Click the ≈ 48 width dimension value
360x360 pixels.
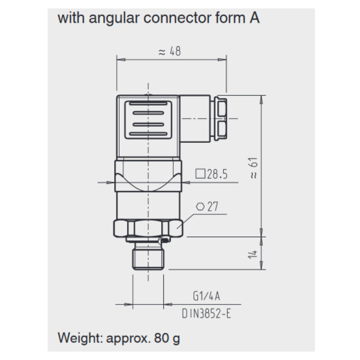[170, 52]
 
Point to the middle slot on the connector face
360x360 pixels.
[148, 123]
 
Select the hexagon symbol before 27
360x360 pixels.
[200, 207]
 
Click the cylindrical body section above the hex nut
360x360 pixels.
[148, 205]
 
